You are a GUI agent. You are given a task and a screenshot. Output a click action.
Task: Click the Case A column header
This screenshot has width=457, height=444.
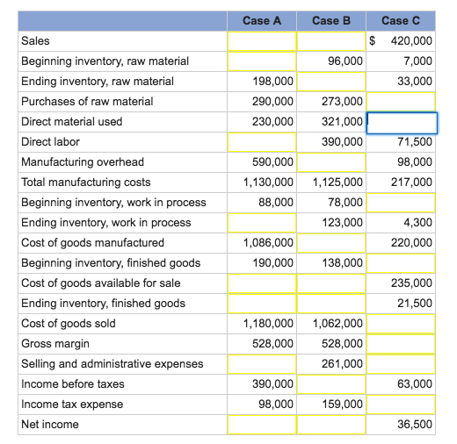(x=261, y=20)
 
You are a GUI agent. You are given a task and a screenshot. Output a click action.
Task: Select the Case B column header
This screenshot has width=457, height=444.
(x=330, y=20)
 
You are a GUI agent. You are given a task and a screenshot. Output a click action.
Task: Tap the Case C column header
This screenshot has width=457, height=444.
(x=401, y=20)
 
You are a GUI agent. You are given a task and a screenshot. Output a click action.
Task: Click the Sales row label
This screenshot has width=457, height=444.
(x=36, y=41)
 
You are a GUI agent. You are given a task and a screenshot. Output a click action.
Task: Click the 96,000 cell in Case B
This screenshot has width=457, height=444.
(x=345, y=61)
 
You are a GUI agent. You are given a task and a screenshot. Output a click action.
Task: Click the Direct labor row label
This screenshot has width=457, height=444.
(x=50, y=141)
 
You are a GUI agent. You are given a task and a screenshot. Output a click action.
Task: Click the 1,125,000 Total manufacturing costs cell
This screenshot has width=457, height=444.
(x=337, y=183)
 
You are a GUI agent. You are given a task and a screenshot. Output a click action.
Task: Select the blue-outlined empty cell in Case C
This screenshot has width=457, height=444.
(x=401, y=122)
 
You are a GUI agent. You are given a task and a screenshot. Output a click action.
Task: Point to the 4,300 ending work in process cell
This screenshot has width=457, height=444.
(x=418, y=223)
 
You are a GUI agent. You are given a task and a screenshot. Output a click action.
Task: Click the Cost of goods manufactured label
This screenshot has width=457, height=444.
(x=92, y=243)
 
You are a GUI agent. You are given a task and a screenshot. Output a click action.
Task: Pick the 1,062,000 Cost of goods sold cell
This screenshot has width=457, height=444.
(x=337, y=324)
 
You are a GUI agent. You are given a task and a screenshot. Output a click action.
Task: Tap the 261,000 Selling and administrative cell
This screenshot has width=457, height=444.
(x=343, y=364)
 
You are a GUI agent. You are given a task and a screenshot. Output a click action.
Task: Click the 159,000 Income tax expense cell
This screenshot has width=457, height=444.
(x=343, y=405)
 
